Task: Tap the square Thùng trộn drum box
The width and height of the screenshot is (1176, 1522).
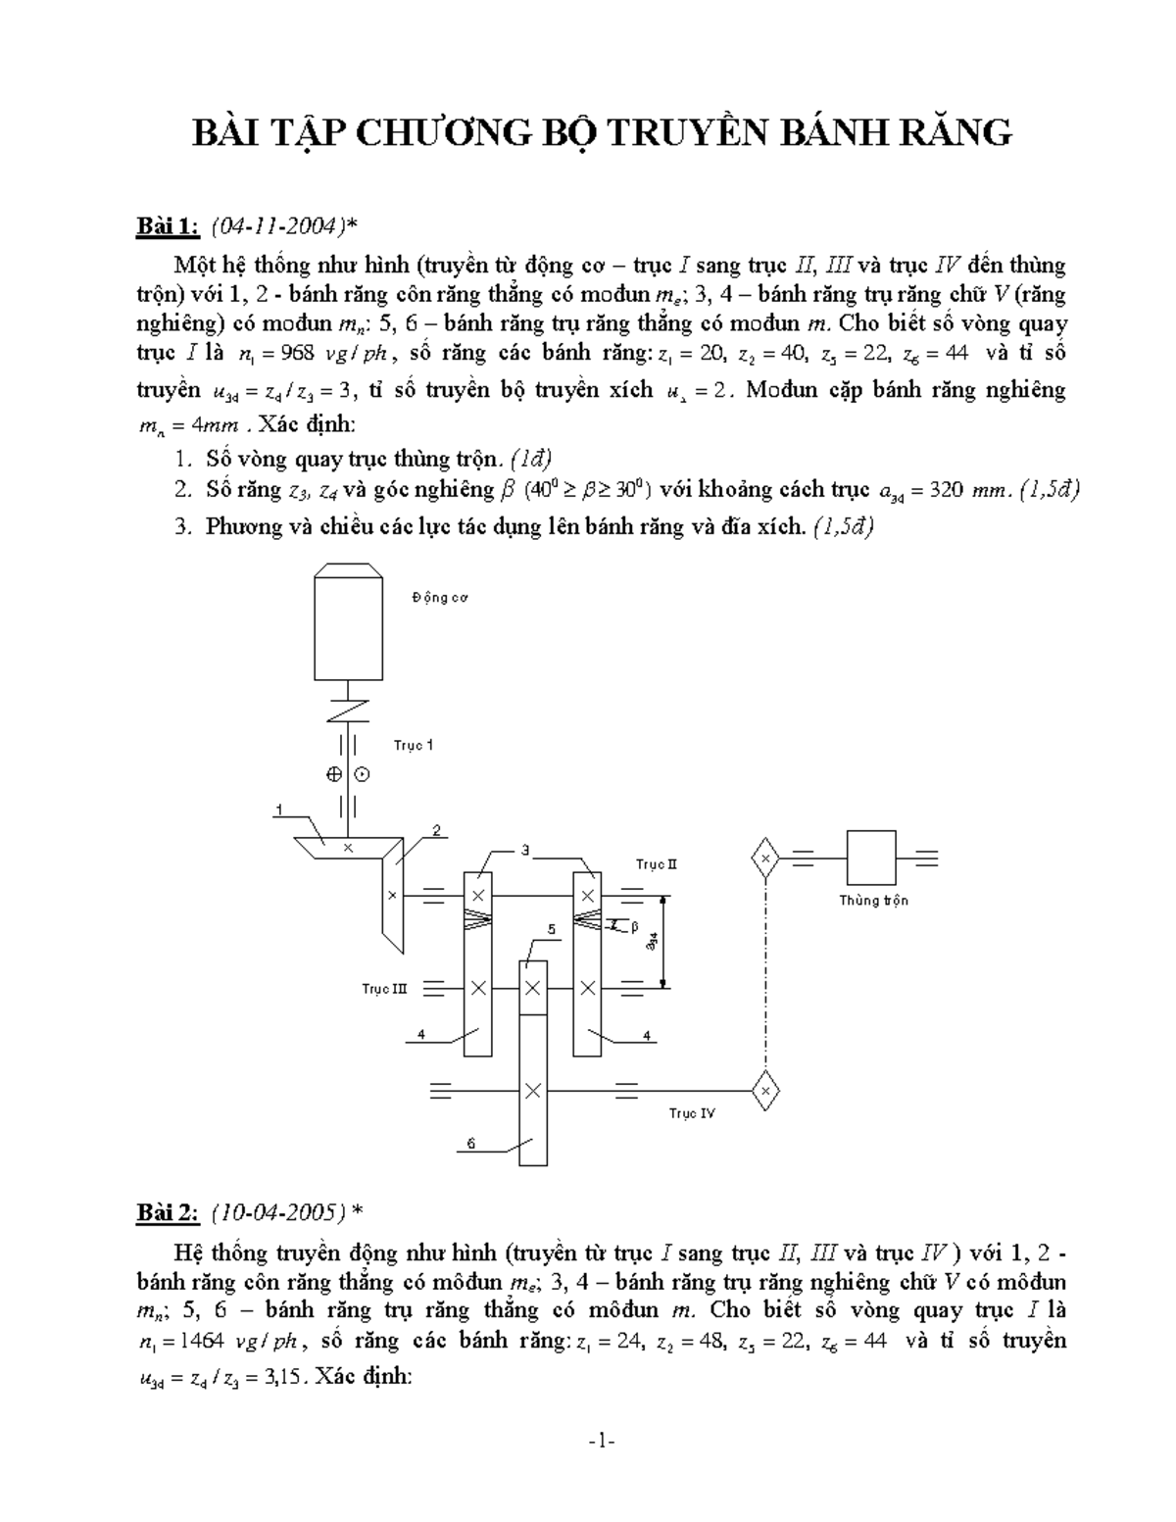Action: click(x=871, y=858)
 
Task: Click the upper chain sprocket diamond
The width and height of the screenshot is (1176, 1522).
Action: click(x=764, y=859)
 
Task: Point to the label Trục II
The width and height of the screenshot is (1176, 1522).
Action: click(x=657, y=864)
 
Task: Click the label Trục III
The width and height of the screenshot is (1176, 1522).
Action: click(x=384, y=989)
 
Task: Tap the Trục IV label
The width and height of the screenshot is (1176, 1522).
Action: click(x=692, y=1113)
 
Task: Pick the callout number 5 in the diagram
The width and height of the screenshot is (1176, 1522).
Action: click(x=552, y=929)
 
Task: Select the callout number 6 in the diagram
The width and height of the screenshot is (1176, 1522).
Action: click(x=470, y=1143)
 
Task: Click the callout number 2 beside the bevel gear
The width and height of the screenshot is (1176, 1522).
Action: click(x=436, y=831)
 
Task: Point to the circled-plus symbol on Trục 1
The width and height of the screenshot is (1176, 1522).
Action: click(x=334, y=774)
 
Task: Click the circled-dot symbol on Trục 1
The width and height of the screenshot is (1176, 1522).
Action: click(x=362, y=774)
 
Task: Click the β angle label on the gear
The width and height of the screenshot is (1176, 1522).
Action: click(x=633, y=924)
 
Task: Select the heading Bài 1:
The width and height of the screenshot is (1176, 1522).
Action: click(x=167, y=228)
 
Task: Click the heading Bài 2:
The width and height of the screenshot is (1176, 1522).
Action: click(x=167, y=1213)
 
